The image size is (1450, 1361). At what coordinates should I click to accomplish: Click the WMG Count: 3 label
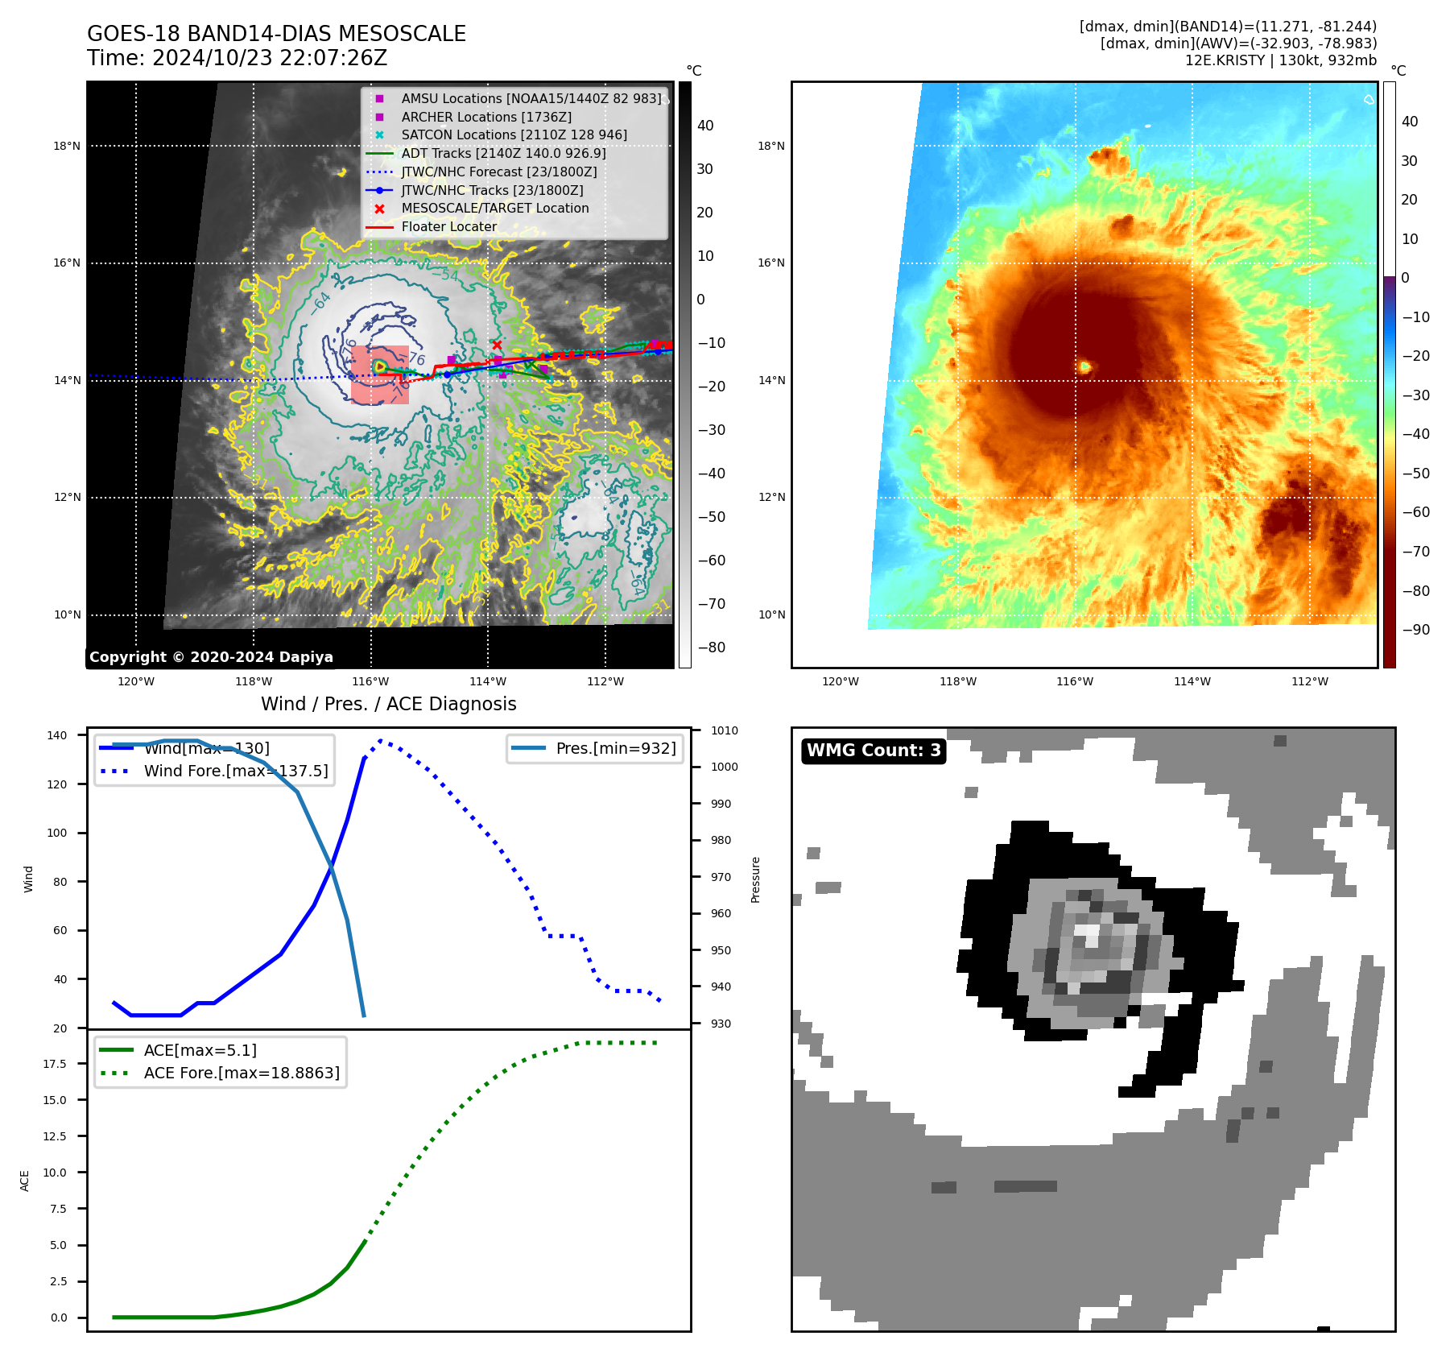click(x=874, y=751)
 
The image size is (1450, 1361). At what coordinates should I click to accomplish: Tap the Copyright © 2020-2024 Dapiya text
click(x=211, y=657)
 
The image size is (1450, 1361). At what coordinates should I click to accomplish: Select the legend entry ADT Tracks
click(x=503, y=153)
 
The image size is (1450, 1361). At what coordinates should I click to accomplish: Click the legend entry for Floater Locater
click(x=448, y=226)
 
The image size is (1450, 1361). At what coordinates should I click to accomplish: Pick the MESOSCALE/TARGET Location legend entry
click(x=494, y=208)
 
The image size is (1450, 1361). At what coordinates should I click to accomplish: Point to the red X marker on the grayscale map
click(x=497, y=345)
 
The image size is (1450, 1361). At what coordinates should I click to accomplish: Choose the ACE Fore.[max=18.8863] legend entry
click(x=241, y=1073)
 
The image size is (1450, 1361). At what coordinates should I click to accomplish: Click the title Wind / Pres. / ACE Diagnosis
click(x=388, y=704)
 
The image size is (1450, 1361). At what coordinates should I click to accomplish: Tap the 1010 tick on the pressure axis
click(x=724, y=730)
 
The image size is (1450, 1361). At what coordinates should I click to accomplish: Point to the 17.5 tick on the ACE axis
click(x=55, y=1064)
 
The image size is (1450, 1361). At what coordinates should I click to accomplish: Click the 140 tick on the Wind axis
click(x=57, y=735)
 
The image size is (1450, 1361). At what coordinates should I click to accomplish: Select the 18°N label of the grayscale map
click(x=67, y=146)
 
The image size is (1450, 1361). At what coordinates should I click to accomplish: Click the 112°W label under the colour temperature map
click(x=1309, y=681)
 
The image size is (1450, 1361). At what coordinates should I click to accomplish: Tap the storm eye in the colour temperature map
click(x=1084, y=367)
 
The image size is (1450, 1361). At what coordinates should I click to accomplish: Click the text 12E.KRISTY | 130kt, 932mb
click(x=1280, y=60)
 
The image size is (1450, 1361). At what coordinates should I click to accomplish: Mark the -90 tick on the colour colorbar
click(x=1415, y=630)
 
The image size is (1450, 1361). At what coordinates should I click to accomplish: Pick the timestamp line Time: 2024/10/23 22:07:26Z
click(x=237, y=58)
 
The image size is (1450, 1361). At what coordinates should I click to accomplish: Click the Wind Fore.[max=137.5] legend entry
click(x=235, y=771)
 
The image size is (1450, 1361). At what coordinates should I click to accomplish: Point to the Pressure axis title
click(x=755, y=879)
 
